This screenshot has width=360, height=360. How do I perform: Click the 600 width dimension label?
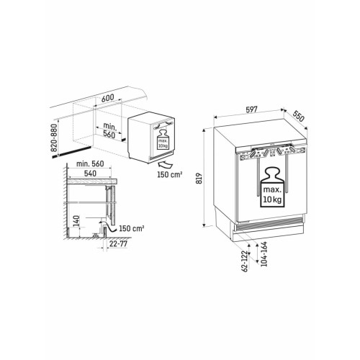coord(107,98)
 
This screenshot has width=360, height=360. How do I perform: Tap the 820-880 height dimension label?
coord(55,138)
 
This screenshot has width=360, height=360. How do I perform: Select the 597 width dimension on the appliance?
coord(251,109)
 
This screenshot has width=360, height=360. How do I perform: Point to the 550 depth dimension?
coord(298,117)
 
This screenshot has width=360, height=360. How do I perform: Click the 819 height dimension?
coord(199,179)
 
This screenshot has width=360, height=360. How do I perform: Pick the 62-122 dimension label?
coord(244,261)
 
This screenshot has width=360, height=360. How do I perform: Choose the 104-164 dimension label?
coord(264,254)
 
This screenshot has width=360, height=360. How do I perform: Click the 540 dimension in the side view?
coord(90,174)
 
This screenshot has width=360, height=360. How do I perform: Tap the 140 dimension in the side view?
coord(76,221)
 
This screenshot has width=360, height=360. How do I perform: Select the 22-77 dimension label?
coord(118,244)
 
